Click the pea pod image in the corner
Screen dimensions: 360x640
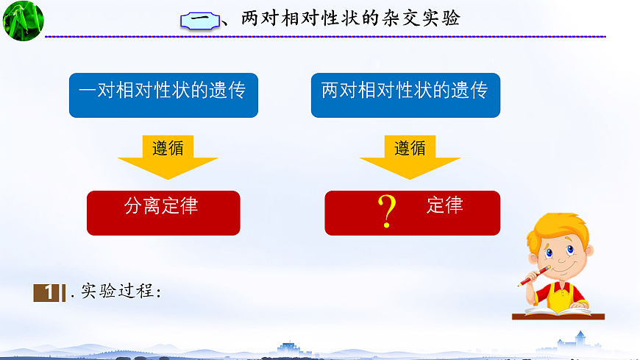pos(21,20)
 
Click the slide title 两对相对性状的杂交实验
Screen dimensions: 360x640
pos(350,19)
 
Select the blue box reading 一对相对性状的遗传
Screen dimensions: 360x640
pos(163,94)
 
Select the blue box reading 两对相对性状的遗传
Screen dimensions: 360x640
pos(405,94)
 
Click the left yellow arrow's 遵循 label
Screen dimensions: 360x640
pos(168,148)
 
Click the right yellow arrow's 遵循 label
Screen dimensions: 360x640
pos(410,148)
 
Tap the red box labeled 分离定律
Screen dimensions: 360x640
pos(163,212)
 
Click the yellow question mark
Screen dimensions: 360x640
pos(386,211)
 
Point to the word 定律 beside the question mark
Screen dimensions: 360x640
pos(444,205)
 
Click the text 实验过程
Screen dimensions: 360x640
pos(117,292)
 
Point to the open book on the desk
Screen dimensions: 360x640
pos(558,309)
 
